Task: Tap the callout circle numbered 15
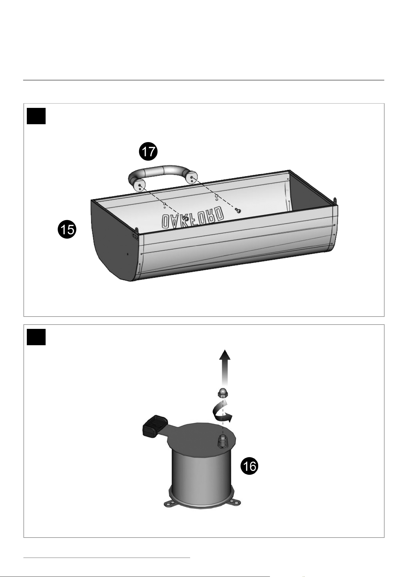coord(67,230)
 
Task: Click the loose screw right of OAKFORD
coord(238,210)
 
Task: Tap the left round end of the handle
coord(140,186)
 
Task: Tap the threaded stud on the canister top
coord(222,441)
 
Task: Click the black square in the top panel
coord(36,116)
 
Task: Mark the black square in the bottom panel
coord(36,337)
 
